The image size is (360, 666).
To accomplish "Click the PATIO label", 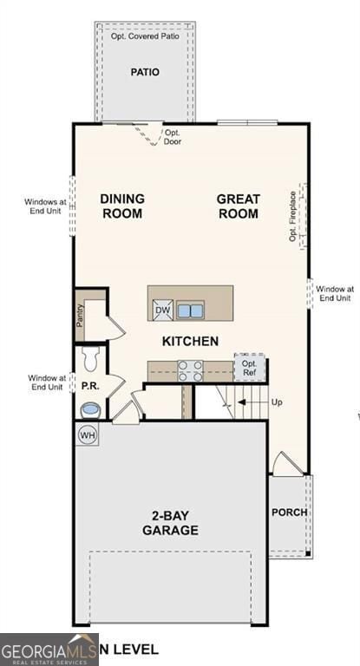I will click(x=145, y=72).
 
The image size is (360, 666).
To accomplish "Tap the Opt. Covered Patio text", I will click(x=145, y=36).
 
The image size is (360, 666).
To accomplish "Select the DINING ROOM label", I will click(x=122, y=206).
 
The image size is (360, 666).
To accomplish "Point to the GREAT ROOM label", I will click(x=239, y=206).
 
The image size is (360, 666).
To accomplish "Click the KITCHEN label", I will click(x=190, y=342).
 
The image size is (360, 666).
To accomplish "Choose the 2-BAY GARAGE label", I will click(x=170, y=523).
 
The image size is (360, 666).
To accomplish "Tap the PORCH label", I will click(x=290, y=513).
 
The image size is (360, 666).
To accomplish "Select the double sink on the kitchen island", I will click(x=190, y=310).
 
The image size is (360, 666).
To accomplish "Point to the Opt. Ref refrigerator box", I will click(x=250, y=368).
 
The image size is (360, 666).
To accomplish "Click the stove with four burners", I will click(x=191, y=371).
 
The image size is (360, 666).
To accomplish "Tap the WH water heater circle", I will click(x=88, y=434).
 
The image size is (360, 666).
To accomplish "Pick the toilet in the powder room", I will click(x=91, y=356).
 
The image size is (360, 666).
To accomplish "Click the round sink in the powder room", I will click(x=90, y=408).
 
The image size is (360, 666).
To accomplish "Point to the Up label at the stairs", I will click(x=277, y=403).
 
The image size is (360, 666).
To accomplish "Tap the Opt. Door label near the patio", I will click(x=173, y=137).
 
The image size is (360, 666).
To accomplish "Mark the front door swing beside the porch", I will click(x=286, y=464).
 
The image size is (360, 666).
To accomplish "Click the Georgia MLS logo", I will click(x=49, y=650).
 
